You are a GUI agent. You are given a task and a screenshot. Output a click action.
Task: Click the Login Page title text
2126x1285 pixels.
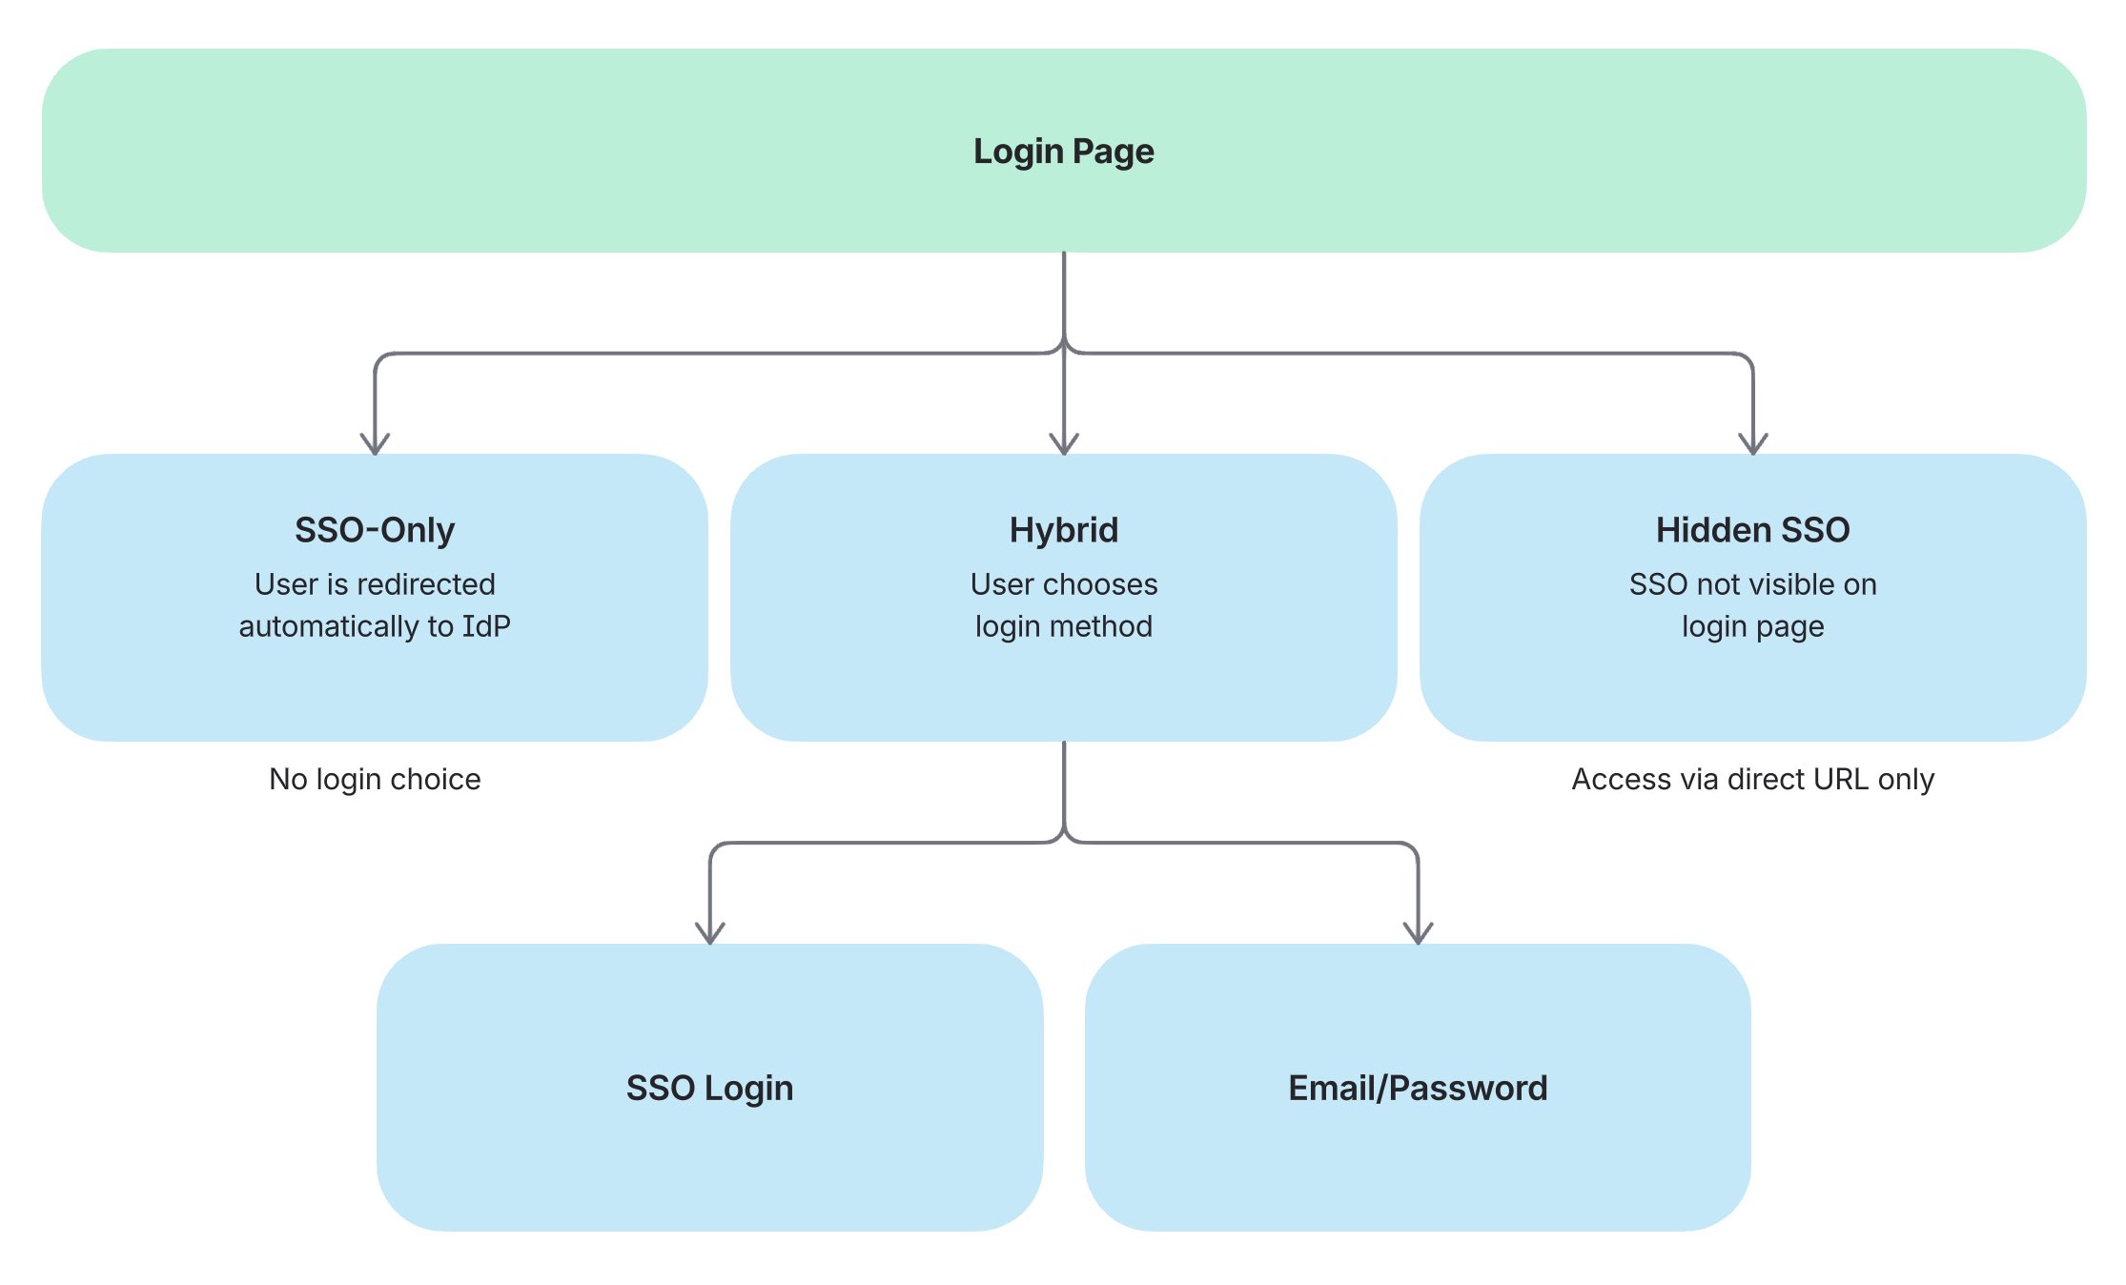[1063, 152]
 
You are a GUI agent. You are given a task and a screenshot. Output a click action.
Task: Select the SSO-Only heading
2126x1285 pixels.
[375, 530]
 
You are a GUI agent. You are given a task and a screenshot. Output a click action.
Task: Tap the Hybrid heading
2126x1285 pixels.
[1063, 530]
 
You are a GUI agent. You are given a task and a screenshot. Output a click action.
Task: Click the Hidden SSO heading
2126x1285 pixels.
[1752, 530]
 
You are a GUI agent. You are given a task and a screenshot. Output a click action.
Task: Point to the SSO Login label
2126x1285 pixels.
[709, 1088]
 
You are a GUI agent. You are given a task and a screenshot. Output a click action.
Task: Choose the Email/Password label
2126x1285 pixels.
[1418, 1088]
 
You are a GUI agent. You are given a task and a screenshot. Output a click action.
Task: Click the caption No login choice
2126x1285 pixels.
[375, 779]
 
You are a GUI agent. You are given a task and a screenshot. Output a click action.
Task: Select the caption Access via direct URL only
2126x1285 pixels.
[1752, 779]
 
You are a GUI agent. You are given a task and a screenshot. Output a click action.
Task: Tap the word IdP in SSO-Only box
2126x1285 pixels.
[486, 626]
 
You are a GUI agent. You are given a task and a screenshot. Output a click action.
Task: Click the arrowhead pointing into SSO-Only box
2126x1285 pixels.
[375, 444]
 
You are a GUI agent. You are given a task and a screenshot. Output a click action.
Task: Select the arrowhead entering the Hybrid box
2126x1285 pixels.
[1063, 444]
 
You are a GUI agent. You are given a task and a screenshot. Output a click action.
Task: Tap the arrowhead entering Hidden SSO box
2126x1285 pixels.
[1752, 444]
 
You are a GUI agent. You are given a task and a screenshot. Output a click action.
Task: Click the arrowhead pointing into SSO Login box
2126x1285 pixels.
[709, 933]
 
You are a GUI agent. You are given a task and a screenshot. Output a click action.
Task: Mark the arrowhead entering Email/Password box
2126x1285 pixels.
[1418, 933]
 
